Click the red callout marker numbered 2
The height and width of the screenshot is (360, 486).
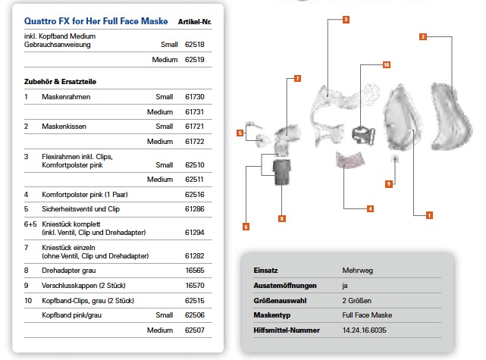(423, 36)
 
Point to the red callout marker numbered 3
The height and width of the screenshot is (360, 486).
(345, 18)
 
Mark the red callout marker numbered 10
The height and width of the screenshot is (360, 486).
(385, 65)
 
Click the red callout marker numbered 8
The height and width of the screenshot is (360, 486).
(281, 218)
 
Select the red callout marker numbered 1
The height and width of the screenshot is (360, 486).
(429, 216)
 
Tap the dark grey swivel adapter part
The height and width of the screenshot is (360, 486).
(282, 172)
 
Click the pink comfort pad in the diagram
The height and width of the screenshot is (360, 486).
(350, 158)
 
